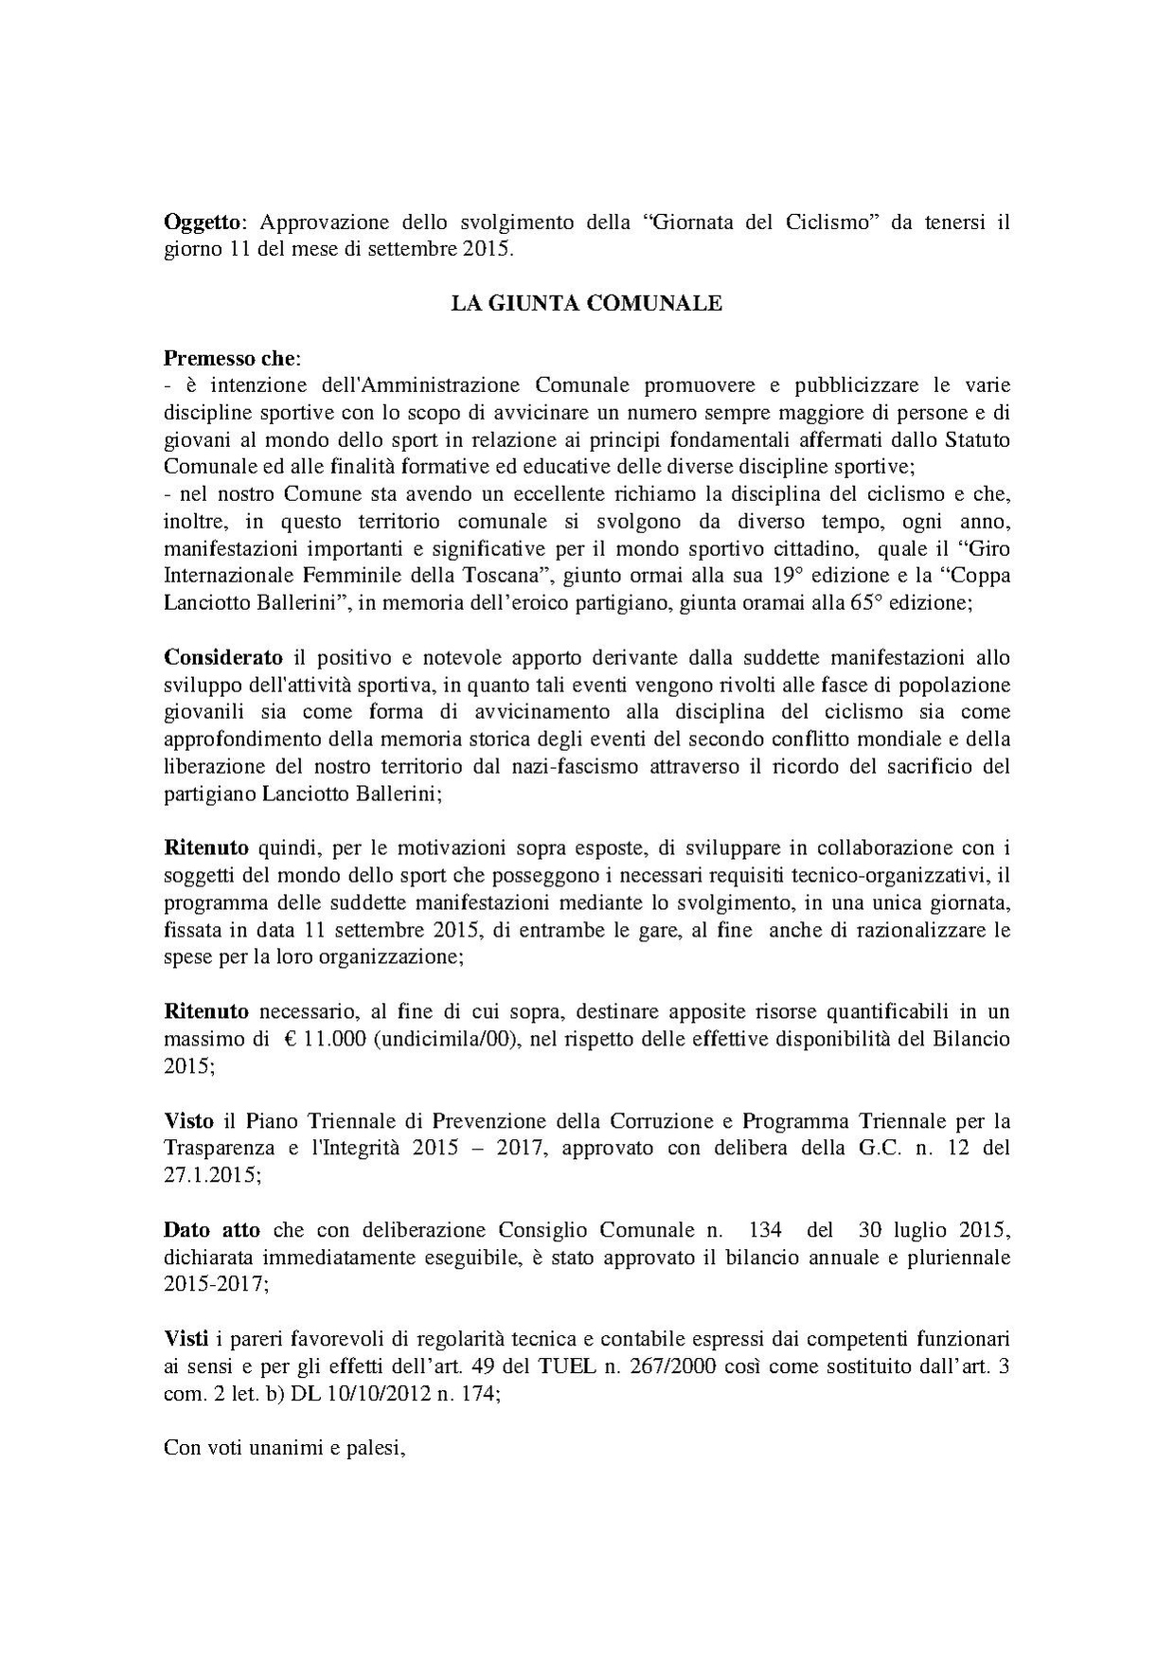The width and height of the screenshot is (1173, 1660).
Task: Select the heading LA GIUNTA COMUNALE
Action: click(586, 304)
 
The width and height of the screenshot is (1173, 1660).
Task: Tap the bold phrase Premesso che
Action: click(231, 359)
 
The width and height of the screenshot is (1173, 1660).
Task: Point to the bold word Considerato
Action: click(223, 657)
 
